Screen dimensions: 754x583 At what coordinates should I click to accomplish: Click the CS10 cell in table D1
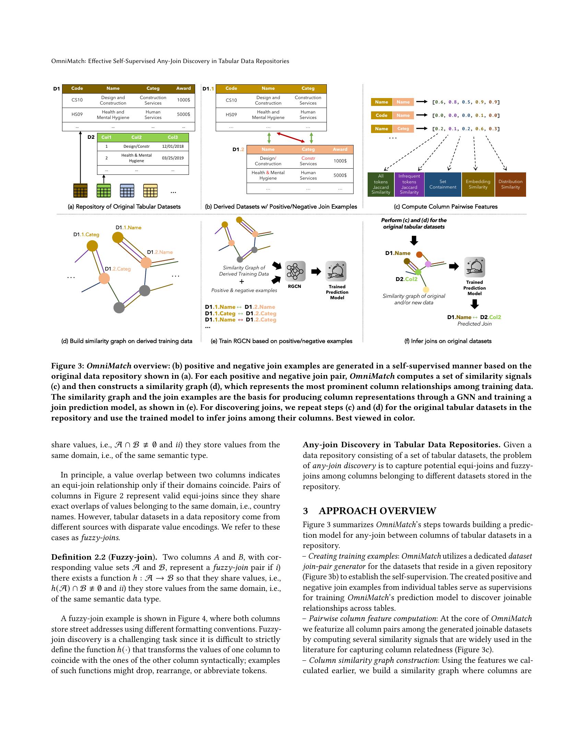(77, 100)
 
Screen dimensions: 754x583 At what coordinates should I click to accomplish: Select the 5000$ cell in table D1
(183, 114)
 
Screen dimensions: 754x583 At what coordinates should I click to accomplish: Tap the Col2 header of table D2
(136, 137)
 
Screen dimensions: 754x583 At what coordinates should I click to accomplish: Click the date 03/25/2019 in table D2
(173, 158)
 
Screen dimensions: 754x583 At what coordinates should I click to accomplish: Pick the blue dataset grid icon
(127, 191)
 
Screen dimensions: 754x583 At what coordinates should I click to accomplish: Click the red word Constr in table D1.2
(308, 158)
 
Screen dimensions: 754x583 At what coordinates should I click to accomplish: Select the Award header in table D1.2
(340, 149)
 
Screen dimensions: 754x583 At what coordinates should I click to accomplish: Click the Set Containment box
(442, 184)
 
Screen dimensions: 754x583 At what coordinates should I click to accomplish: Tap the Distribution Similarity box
(510, 184)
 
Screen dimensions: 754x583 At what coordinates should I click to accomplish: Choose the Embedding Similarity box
(478, 184)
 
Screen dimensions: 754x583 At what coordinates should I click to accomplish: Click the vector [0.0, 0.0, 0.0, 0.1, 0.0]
(466, 115)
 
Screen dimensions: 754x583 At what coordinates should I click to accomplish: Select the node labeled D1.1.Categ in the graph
(92, 246)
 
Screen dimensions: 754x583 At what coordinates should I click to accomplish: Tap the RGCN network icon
(295, 271)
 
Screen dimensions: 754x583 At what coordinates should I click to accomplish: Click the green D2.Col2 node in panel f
(418, 272)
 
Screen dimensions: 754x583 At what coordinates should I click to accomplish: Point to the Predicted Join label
(474, 324)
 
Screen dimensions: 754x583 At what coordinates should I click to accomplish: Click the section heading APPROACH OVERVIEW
(377, 511)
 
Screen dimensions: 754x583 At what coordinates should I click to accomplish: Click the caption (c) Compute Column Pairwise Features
(445, 207)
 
